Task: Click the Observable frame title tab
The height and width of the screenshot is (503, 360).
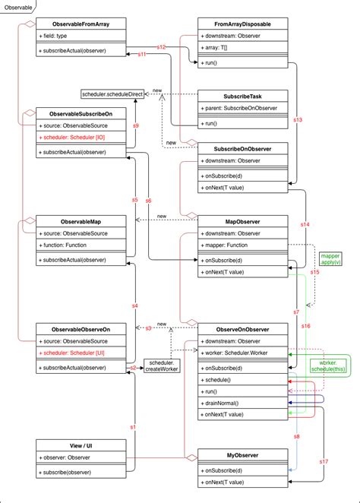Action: coord(18,6)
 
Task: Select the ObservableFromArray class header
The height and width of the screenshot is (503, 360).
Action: coord(81,24)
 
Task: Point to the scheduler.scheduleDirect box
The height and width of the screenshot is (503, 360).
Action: coord(112,93)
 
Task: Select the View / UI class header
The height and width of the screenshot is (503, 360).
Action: coord(81,444)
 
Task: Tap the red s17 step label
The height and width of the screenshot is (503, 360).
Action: coord(324,461)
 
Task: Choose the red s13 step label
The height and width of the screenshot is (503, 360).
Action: coord(298,120)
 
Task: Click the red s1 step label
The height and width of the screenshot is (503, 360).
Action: coord(132,428)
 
